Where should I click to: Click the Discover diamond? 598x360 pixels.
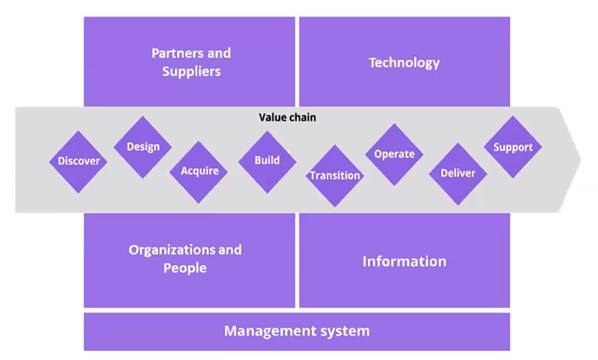79,161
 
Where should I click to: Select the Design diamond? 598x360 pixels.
143,147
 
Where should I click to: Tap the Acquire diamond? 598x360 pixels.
199,171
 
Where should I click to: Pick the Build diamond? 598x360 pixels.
267,161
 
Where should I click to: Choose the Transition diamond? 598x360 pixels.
335,176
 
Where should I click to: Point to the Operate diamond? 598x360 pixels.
394,154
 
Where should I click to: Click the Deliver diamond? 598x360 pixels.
458,173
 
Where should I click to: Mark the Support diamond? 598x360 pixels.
513,147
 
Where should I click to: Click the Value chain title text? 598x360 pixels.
287,117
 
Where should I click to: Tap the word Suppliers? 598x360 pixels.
191,71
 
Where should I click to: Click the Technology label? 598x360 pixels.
404,63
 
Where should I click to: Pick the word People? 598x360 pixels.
185,268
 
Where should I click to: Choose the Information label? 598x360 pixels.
404,261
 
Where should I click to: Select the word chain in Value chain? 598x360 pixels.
303,117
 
